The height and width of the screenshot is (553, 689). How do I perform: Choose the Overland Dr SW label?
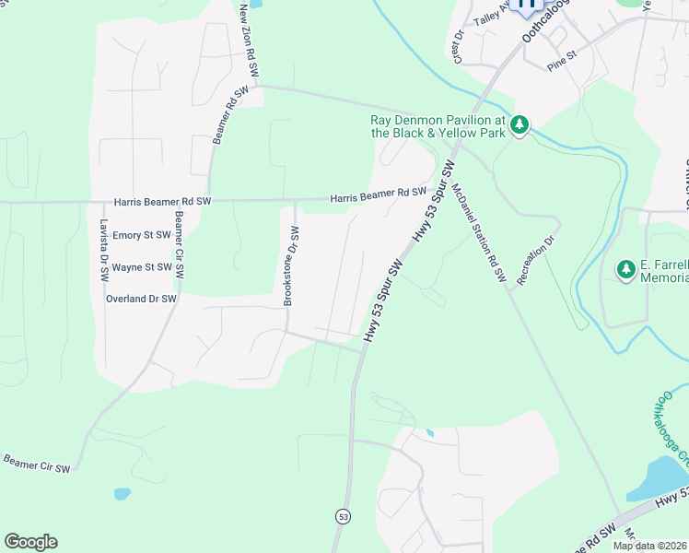tap(138, 299)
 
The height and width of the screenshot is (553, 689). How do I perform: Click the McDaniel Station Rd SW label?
tap(479, 230)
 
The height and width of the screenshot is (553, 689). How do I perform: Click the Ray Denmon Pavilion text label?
tap(437, 126)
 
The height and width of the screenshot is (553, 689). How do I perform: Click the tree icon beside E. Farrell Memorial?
tap(626, 269)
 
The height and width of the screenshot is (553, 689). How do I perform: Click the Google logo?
tap(30, 542)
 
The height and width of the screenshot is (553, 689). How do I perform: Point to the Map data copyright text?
tap(648, 546)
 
